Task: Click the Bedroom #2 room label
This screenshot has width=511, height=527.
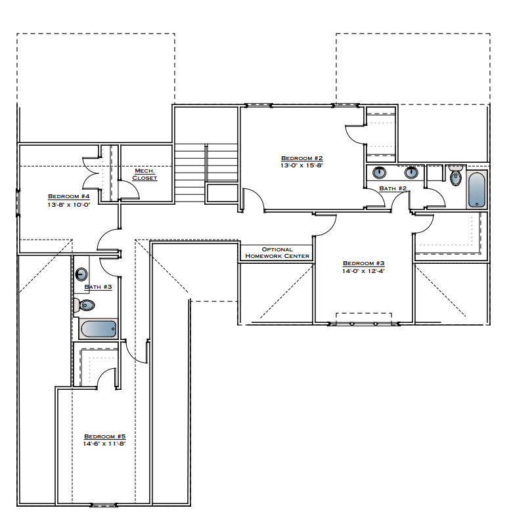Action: point(301,158)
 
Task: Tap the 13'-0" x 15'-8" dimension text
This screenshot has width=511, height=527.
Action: point(301,165)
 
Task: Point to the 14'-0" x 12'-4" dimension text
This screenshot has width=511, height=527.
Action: point(363,270)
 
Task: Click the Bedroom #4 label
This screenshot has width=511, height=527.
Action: point(68,196)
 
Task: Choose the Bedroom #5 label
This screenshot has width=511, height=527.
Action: point(104,436)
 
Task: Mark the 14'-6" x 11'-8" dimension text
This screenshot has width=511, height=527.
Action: point(104,444)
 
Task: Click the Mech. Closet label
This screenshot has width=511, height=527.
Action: point(144,175)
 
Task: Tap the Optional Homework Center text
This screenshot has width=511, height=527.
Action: point(277,253)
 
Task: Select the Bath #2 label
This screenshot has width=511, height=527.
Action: point(393,189)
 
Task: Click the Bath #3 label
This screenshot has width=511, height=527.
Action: point(98,287)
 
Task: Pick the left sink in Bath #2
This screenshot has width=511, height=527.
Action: point(380,173)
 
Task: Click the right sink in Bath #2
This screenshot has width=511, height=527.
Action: point(412,173)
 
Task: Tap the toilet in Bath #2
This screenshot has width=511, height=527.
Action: point(456,175)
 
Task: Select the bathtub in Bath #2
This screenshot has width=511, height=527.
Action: point(476,190)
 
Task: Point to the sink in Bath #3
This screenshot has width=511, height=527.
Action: point(82,274)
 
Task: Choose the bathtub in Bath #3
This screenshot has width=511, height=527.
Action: point(98,329)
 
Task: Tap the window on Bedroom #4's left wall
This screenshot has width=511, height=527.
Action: point(18,201)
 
